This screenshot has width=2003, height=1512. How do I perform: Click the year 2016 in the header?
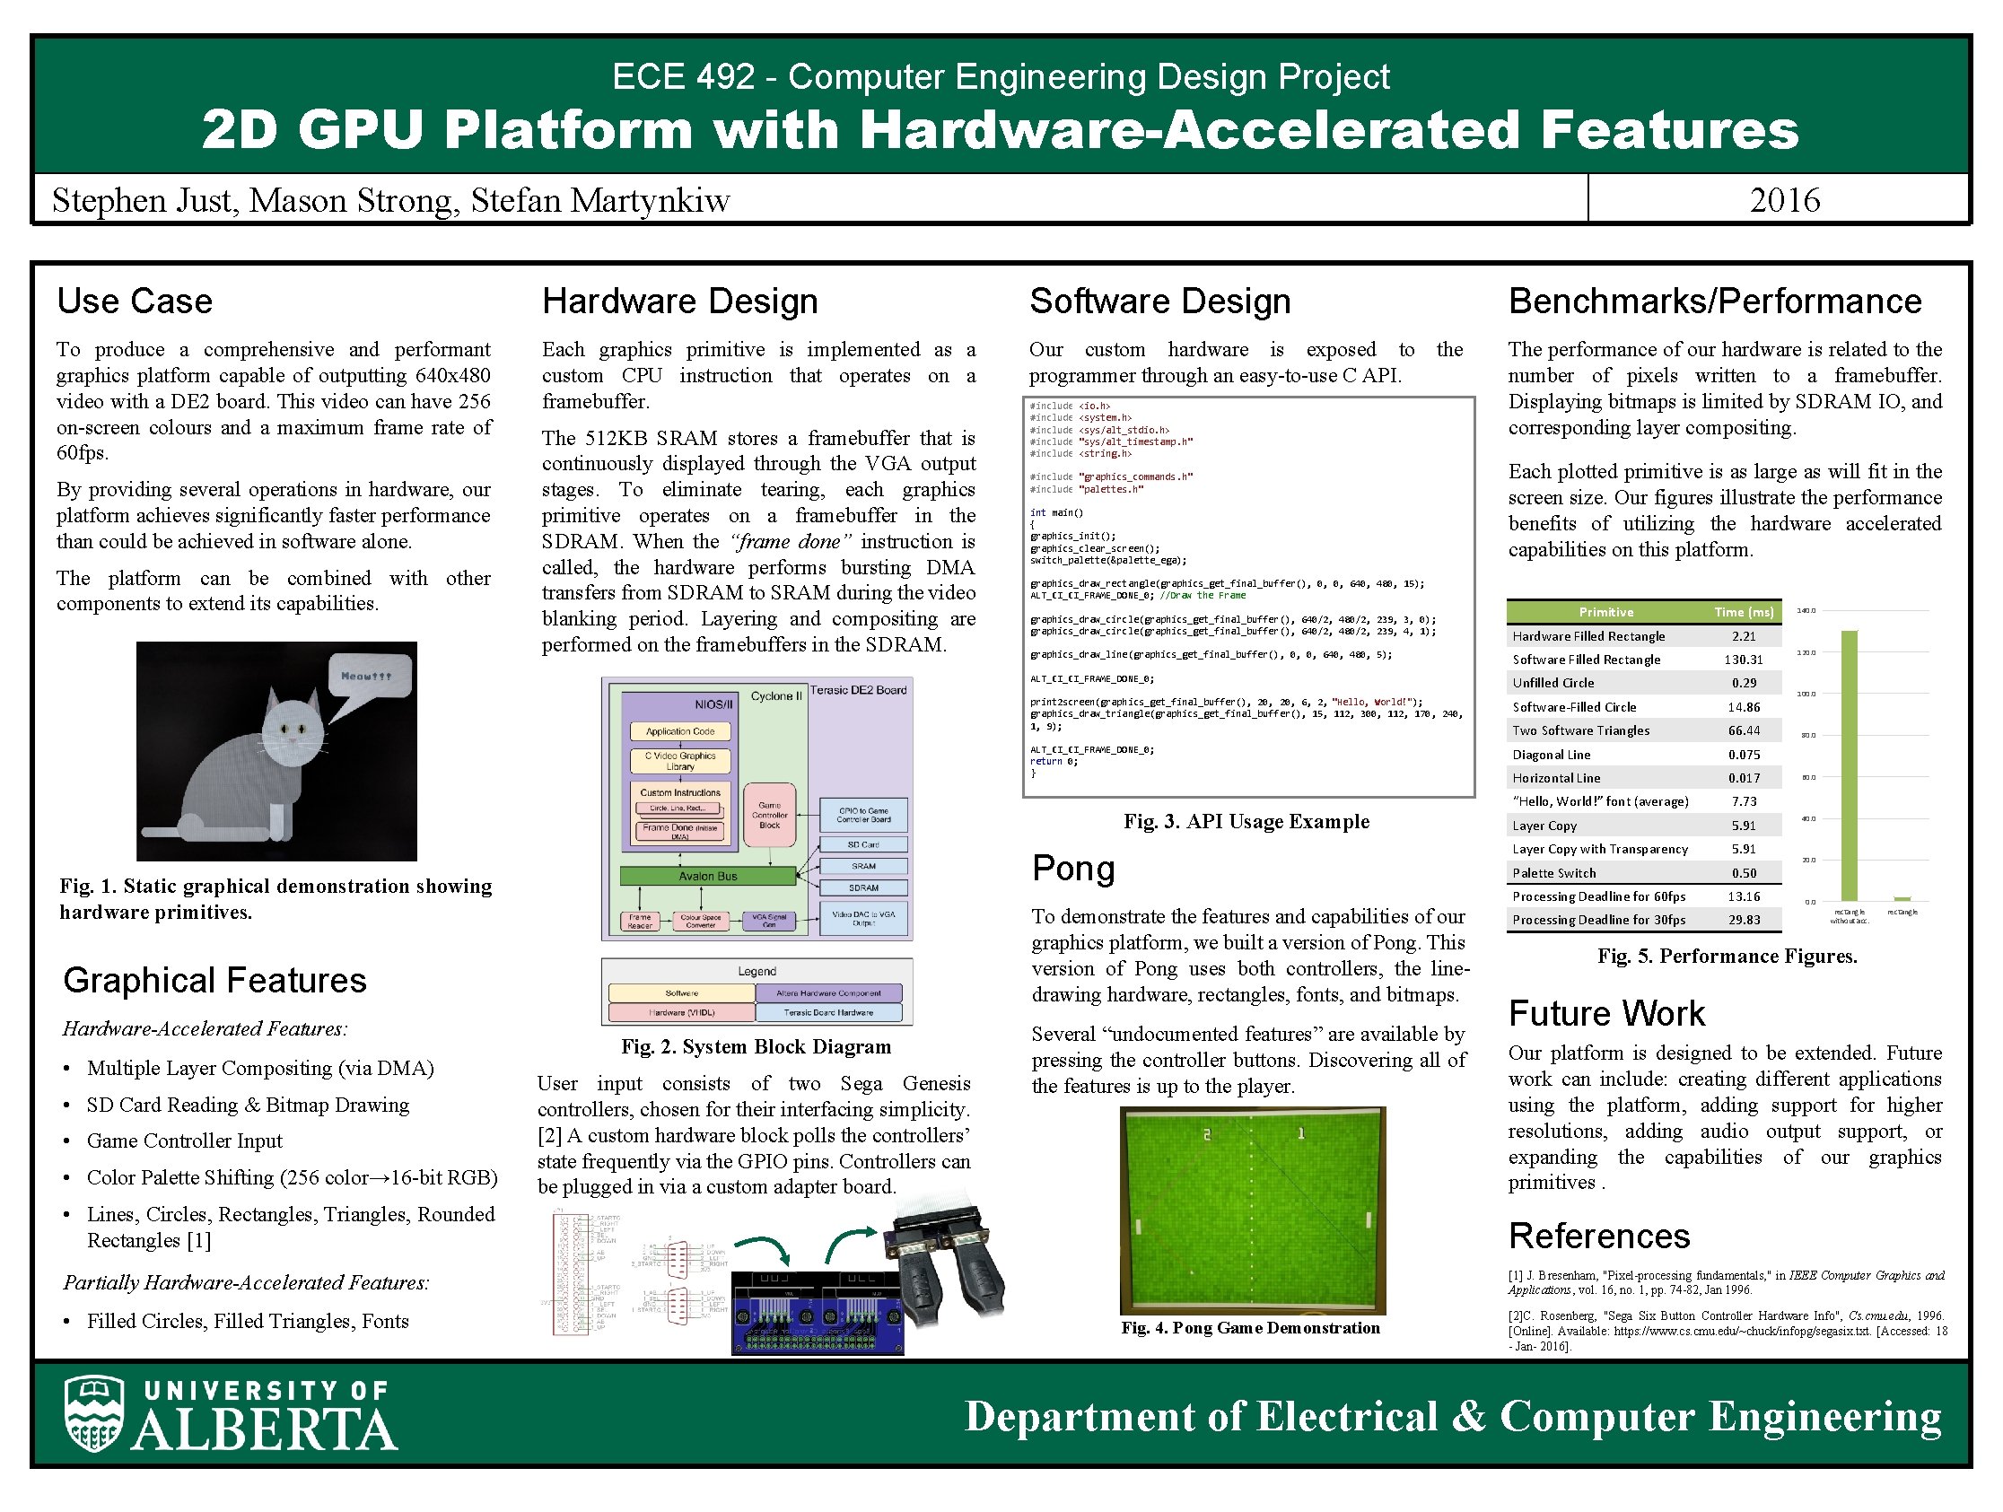coord(1784,200)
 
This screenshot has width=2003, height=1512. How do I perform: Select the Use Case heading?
coord(135,301)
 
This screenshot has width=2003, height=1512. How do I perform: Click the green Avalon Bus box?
coord(707,876)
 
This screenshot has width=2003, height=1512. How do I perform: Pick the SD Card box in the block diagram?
coord(863,843)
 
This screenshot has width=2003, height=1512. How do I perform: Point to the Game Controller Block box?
coord(770,815)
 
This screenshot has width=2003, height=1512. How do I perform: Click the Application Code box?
coord(680,730)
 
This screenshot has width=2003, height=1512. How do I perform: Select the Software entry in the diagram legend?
coord(682,993)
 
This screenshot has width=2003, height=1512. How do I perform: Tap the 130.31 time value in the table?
coord(1743,660)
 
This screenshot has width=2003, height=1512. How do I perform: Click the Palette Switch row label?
coord(1554,873)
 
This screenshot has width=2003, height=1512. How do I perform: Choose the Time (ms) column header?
coord(1745,612)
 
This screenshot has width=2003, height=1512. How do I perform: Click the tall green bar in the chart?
coord(1849,765)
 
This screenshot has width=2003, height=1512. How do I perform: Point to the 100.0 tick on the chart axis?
coord(1806,694)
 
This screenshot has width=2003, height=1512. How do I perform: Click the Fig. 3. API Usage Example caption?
coord(1246,821)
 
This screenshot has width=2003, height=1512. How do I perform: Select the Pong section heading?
coord(1073,869)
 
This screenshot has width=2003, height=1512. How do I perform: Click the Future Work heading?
coord(1606,1013)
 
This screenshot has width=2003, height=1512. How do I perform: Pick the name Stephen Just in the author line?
coord(144,200)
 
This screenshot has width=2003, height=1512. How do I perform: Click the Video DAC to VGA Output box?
coord(863,918)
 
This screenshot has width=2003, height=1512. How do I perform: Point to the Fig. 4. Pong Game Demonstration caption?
coord(1249,1327)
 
